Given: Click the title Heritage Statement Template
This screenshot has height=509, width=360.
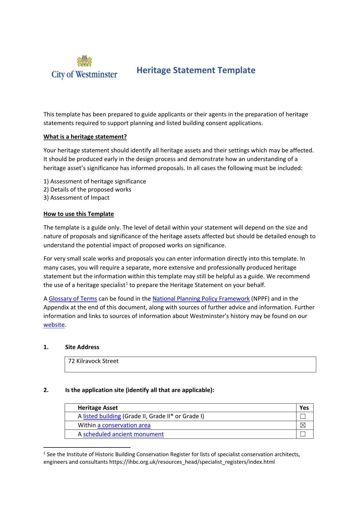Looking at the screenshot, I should pyautogui.click(x=196, y=70).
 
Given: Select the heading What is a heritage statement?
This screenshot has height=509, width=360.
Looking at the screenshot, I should pyautogui.click(x=85, y=137).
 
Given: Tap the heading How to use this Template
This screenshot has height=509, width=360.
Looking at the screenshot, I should pyautogui.click(x=79, y=214).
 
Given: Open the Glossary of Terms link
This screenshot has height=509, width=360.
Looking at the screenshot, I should pyautogui.click(x=73, y=299).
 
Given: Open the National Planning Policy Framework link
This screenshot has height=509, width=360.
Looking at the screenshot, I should pyautogui.click(x=201, y=299).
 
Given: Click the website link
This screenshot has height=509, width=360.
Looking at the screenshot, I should pyautogui.click(x=54, y=325).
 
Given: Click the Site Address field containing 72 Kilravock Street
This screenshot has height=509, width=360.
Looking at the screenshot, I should pyautogui.click(x=190, y=364).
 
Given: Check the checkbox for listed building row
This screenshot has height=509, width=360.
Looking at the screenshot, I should pyautogui.click(x=303, y=416).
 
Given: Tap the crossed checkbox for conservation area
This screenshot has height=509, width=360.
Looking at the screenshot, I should pyautogui.click(x=303, y=425).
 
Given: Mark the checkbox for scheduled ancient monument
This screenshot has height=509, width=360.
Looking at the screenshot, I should pyautogui.click(x=303, y=434).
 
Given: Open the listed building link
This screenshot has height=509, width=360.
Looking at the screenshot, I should pyautogui.click(x=102, y=416).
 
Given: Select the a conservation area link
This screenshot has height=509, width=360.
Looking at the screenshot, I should pyautogui.click(x=124, y=425).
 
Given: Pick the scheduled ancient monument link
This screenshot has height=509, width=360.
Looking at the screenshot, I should pyautogui.click(x=123, y=434).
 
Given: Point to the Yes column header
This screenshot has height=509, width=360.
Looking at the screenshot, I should pyautogui.click(x=304, y=408).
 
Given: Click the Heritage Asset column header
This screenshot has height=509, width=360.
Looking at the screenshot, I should pyautogui.click(x=98, y=408).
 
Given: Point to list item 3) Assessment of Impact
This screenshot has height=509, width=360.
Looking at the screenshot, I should pyautogui.click(x=77, y=198).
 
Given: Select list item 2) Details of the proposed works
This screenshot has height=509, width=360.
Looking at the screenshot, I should pyautogui.click(x=87, y=189).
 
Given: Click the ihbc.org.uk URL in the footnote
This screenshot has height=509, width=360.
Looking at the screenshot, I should pyautogui.click(x=192, y=462).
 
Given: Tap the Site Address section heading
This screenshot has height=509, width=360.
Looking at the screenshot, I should pyautogui.click(x=82, y=347).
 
